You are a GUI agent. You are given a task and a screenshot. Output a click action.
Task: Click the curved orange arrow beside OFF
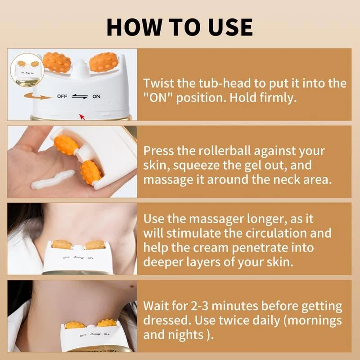36,96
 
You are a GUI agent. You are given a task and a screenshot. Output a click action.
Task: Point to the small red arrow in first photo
81,117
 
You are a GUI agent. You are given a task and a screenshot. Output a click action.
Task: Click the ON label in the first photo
96,96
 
